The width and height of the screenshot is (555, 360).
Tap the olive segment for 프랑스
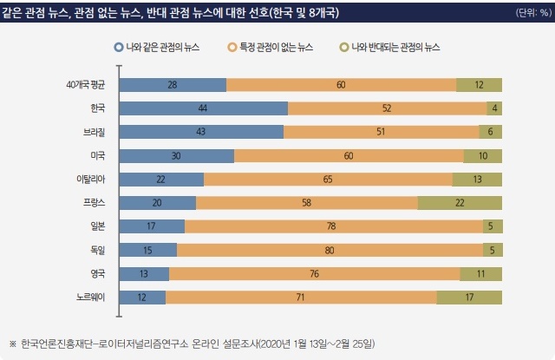460,202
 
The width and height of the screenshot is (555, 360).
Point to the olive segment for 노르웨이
469,297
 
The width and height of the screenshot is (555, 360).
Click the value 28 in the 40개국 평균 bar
173,84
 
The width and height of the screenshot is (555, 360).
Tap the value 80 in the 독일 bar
330,250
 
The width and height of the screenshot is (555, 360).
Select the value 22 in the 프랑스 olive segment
460,202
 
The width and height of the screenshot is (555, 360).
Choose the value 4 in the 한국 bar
494,108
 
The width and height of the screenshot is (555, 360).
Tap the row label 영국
97,273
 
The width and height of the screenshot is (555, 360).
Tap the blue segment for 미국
176,155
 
